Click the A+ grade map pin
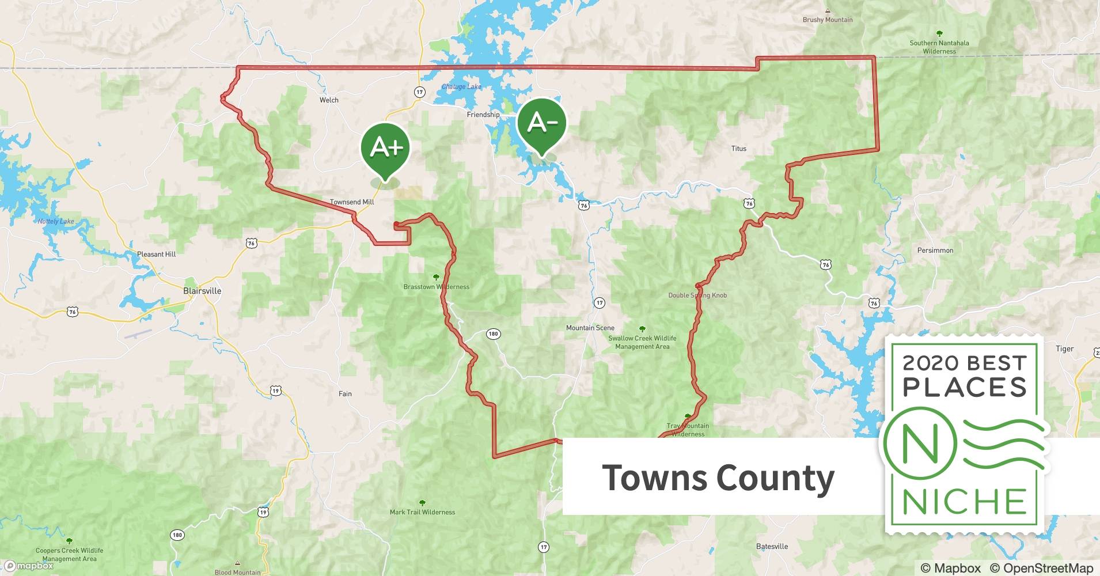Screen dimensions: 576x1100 pyautogui.click(x=385, y=147)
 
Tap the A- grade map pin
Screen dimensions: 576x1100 pyautogui.click(x=541, y=123)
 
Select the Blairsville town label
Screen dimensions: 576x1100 pyautogui.click(x=202, y=291)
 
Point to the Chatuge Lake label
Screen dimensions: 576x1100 pyautogui.click(x=461, y=87)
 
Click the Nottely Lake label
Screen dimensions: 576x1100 pyautogui.click(x=56, y=221)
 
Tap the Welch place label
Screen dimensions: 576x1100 pyautogui.click(x=329, y=100)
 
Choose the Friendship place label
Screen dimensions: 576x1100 pyautogui.click(x=483, y=115)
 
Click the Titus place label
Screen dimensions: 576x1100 pyautogui.click(x=738, y=149)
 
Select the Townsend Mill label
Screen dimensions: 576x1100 pyautogui.click(x=352, y=202)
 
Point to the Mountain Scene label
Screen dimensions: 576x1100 pyautogui.click(x=590, y=328)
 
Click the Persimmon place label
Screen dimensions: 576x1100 pyautogui.click(x=935, y=251)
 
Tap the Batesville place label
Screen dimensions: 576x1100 pyautogui.click(x=772, y=546)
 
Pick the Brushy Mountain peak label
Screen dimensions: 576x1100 pyautogui.click(x=828, y=20)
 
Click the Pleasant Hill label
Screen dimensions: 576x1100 pyautogui.click(x=156, y=254)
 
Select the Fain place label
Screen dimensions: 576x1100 pyautogui.click(x=345, y=394)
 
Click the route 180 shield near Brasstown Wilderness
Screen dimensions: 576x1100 pyautogui.click(x=493, y=334)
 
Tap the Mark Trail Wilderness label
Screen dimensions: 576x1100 pyautogui.click(x=422, y=512)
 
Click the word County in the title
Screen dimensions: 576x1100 pyautogui.click(x=776, y=478)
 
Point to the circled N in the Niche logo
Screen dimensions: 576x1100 pyautogui.click(x=920, y=444)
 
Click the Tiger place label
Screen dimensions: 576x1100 pyautogui.click(x=1064, y=348)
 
